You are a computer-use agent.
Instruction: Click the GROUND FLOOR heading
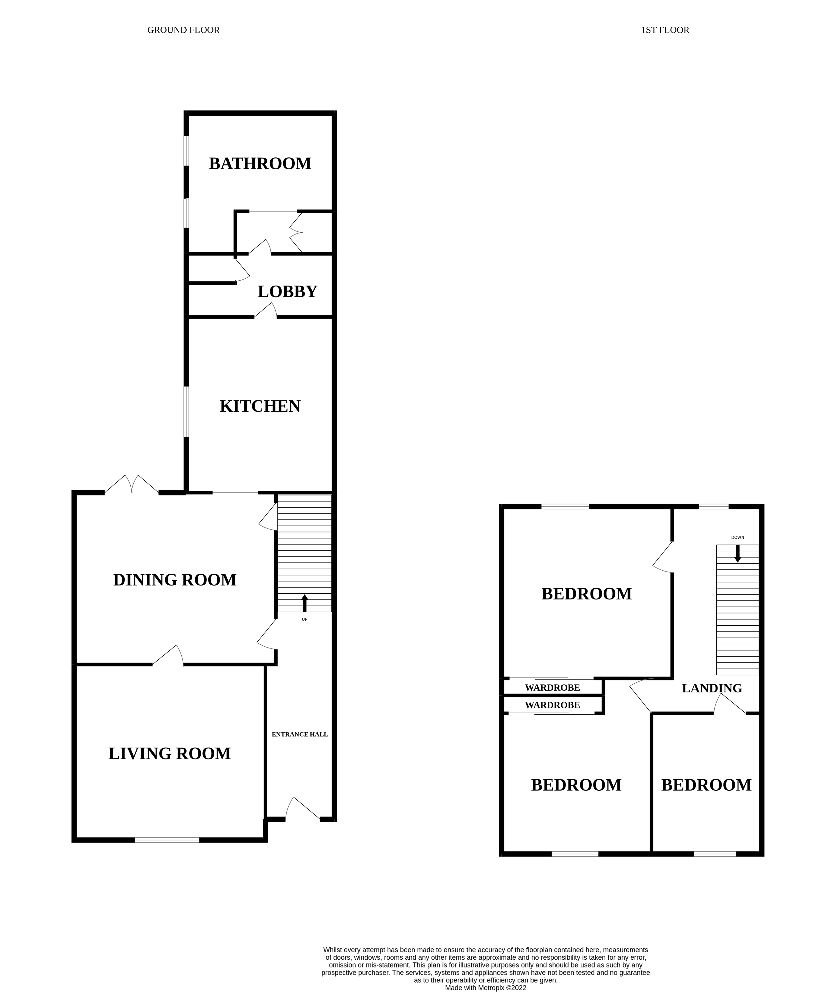click(x=183, y=30)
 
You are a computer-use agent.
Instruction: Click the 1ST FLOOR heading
click(x=664, y=30)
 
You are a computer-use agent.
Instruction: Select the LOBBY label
click(x=287, y=292)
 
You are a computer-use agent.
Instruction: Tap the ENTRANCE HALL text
click(x=300, y=734)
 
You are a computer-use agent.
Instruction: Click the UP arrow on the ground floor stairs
click(x=304, y=604)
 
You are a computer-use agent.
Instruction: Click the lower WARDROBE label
click(x=552, y=706)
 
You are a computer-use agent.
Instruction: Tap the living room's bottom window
click(x=167, y=840)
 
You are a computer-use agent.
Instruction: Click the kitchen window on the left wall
click(x=186, y=411)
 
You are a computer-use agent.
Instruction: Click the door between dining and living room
click(x=168, y=655)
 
